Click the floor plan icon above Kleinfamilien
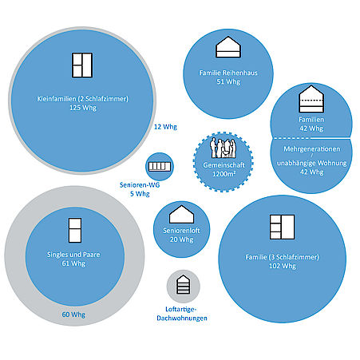[x=82, y=65]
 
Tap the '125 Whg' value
[x=83, y=108]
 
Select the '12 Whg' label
[x=165, y=127]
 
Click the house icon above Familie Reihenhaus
[x=228, y=47]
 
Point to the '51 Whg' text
[x=228, y=81]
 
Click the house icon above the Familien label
[x=311, y=99]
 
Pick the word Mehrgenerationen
[x=312, y=149]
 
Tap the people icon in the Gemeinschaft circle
[x=223, y=148]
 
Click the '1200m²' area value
[x=224, y=174]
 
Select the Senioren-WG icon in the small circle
[x=160, y=167]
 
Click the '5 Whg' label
[x=140, y=194]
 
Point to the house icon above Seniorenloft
[x=181, y=214]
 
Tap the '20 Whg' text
[x=181, y=239]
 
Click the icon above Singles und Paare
[x=75, y=230]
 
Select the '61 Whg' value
[x=73, y=263]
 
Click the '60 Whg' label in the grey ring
[x=73, y=315]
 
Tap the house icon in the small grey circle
[x=184, y=284]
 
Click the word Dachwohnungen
[x=182, y=318]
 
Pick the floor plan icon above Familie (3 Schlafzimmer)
[x=282, y=227]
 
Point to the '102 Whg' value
[x=283, y=266]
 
